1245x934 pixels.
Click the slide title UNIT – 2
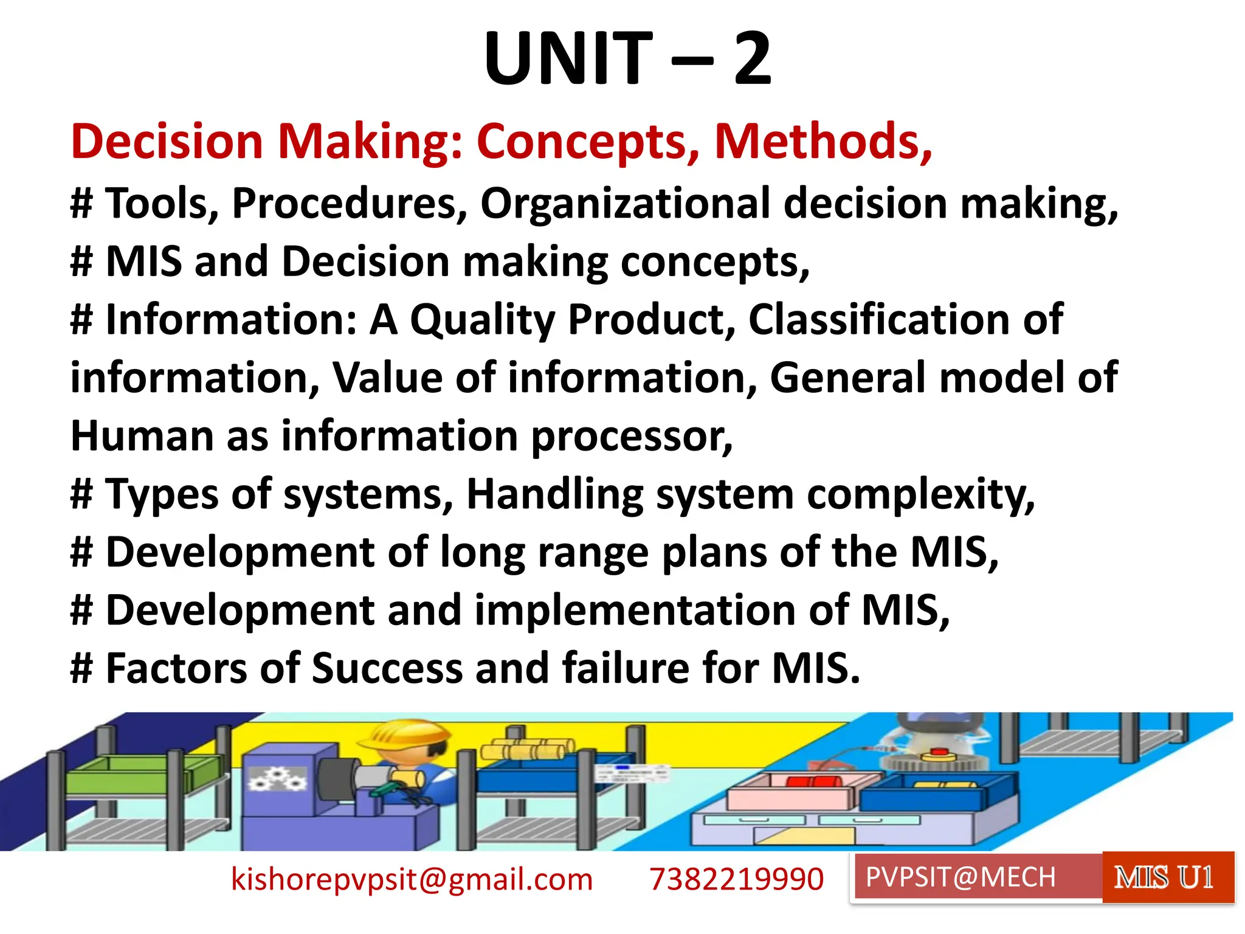[x=627, y=59]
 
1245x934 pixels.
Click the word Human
[x=142, y=436]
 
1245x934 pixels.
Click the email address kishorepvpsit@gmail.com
[x=412, y=879]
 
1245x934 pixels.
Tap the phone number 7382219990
[x=736, y=879]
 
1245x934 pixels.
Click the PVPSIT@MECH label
[x=960, y=877]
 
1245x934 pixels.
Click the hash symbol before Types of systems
[x=81, y=494]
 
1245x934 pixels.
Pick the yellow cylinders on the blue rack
[x=526, y=750]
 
